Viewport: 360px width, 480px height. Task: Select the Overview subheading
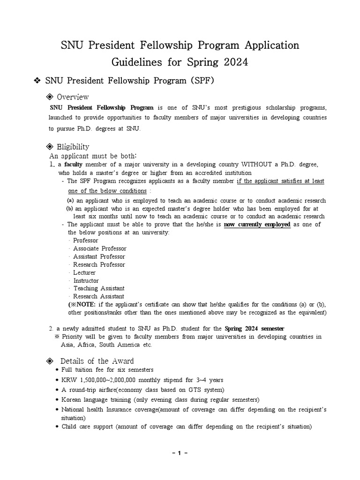(73, 97)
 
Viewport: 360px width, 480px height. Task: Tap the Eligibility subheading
(73, 147)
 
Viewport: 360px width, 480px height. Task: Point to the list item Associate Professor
(100, 248)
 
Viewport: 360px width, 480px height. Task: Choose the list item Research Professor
(99, 264)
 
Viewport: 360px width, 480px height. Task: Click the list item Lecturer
(84, 272)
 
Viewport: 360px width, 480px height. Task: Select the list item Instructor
(86, 280)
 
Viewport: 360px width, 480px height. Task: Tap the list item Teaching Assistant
(99, 288)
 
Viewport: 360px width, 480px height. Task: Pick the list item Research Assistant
(99, 296)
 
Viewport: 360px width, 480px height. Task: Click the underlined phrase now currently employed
(257, 225)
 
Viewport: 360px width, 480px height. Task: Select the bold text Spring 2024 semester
(254, 328)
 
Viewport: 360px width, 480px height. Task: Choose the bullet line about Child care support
(186, 427)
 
